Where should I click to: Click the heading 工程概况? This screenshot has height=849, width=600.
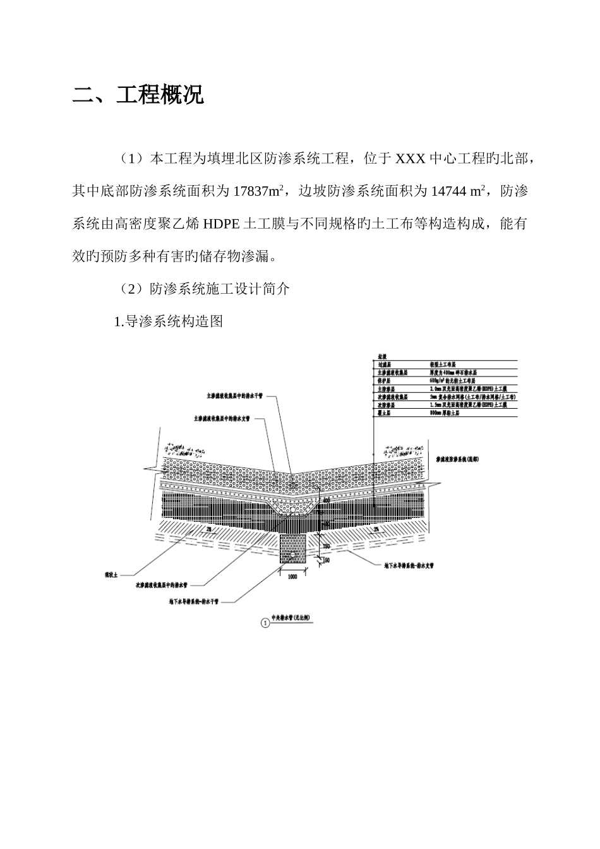(160, 97)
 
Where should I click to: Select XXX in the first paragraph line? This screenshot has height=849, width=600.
(411, 158)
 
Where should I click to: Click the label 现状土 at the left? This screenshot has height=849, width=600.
(111, 575)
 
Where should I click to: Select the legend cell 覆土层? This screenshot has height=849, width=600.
(385, 412)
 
